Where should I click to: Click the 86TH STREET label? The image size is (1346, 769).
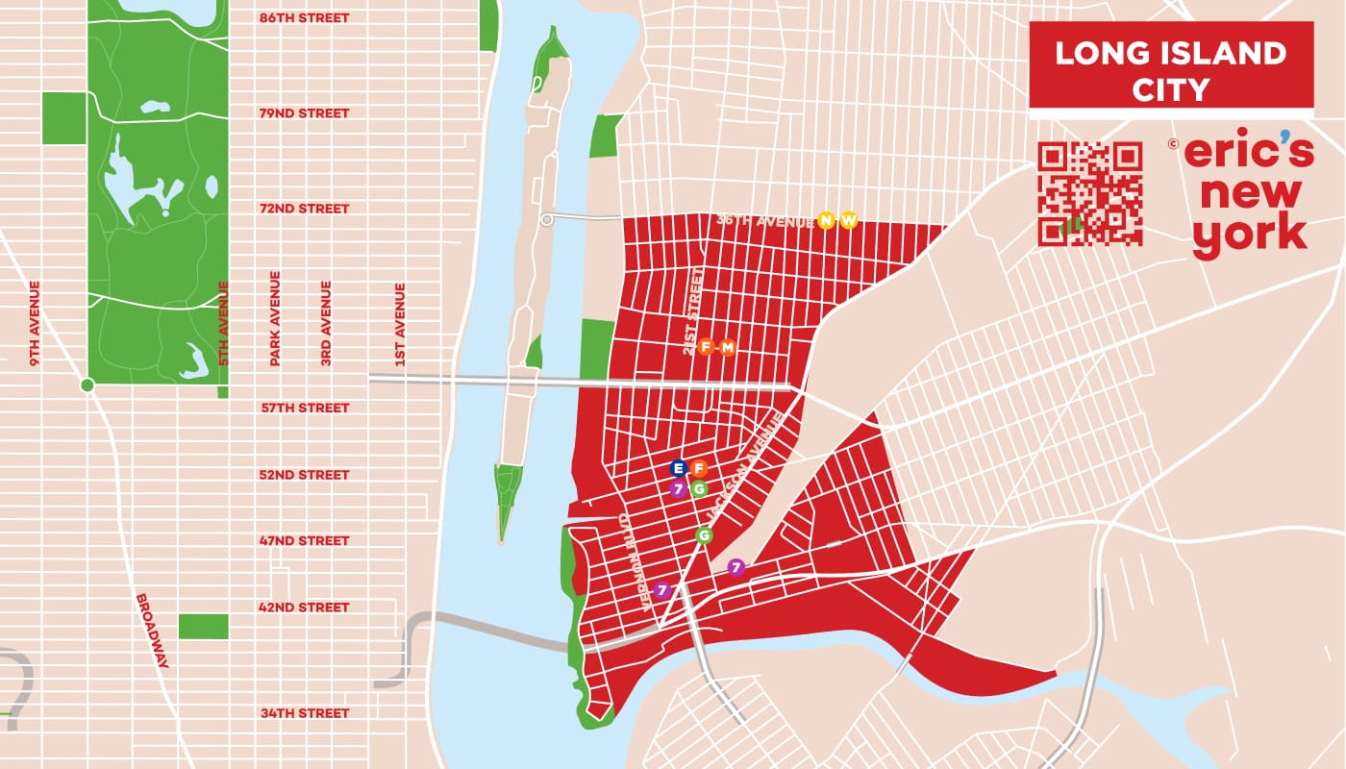304,18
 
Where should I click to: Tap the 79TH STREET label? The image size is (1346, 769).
304,113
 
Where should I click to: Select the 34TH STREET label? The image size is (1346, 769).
304,713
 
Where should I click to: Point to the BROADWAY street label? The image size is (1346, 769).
153,630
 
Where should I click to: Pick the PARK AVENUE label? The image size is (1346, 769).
275,318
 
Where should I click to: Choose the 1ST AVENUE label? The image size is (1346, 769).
400,324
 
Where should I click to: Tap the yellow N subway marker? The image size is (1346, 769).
825,221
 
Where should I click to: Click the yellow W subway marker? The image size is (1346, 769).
848,221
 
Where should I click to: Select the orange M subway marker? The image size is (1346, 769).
727,347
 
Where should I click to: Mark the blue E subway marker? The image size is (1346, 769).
679,468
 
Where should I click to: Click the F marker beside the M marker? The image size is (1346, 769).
707,347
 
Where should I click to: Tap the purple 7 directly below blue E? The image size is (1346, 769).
679,488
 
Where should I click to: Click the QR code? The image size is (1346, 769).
1090,193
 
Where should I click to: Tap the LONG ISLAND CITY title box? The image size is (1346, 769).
1170,67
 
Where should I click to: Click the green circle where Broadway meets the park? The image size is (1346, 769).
87,385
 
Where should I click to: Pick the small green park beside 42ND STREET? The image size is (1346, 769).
203,626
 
